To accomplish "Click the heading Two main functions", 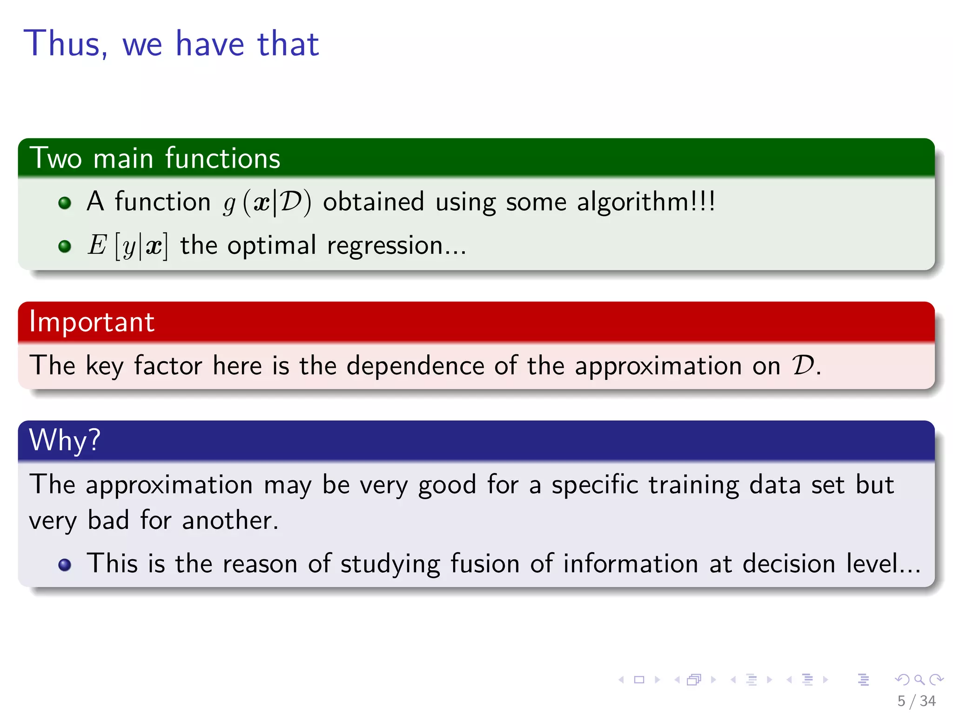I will tap(155, 158).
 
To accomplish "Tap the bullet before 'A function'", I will tap(65, 203).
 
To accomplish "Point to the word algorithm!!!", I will tap(645, 202).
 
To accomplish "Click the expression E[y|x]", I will tap(128, 246).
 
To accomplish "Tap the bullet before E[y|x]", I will tap(65, 246).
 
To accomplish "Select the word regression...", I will tap(384, 246).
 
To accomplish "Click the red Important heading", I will tap(92, 322).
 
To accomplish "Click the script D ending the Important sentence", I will tap(803, 365).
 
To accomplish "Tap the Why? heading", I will tap(65, 440).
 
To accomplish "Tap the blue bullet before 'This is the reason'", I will tap(65, 565).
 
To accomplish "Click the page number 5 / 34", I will tap(916, 701).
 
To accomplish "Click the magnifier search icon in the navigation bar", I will tap(919, 680).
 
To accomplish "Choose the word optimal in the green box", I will tap(271, 246).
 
